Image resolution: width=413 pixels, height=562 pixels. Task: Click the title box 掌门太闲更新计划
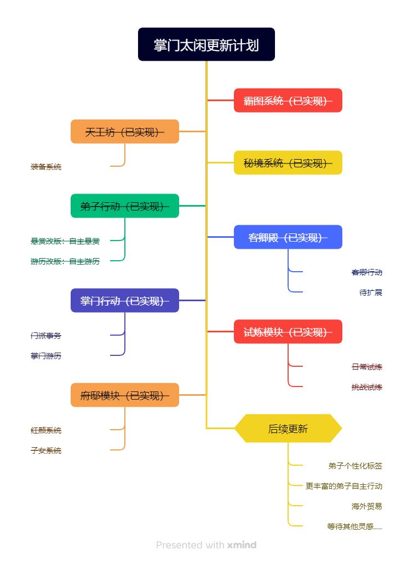coord(206,44)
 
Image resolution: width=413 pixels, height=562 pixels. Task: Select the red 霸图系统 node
coord(288,101)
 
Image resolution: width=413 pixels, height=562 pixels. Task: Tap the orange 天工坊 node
coord(125,132)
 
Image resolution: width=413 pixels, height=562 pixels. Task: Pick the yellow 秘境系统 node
coord(288,163)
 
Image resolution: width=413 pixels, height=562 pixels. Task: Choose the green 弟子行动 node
coord(125,206)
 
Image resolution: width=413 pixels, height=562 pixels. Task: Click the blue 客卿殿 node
coord(288,237)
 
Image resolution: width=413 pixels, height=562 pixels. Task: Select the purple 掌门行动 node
coord(125,301)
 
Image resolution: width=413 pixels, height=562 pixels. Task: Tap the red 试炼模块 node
coord(288,332)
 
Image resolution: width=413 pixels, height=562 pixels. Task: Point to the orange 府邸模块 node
coord(125,395)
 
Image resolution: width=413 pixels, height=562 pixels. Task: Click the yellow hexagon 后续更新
coord(288,429)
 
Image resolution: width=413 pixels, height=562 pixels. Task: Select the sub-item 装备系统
coord(46,167)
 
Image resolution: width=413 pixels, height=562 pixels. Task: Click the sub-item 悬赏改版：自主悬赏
coord(65,241)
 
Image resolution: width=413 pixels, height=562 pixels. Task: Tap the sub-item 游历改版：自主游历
coord(65,261)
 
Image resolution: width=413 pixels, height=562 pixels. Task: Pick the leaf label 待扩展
coord(371,292)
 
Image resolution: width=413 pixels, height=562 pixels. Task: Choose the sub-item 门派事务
coord(46,336)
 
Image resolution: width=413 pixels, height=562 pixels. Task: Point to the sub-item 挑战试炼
coord(367,387)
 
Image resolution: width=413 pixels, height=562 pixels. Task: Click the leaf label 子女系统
coord(46,450)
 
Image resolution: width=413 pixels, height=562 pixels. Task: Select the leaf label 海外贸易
coord(367,506)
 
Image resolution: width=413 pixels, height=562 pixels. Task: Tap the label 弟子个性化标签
coord(355,466)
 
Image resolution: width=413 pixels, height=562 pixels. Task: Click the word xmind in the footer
coord(242,545)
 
